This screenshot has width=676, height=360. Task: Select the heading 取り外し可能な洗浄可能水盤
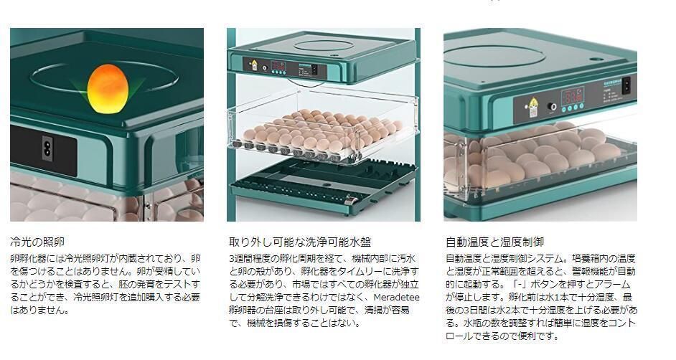click(300, 242)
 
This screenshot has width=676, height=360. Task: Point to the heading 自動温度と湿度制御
click(494, 242)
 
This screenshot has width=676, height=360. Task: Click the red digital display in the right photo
click(571, 95)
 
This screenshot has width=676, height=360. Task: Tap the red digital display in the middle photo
click(278, 67)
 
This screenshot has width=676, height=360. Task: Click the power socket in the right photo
click(625, 85)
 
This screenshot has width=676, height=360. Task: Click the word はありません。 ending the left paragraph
click(39, 311)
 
